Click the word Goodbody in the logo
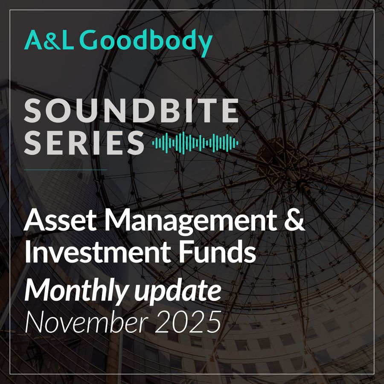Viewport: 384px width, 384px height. (146, 42)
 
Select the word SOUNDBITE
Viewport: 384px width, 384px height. (131, 110)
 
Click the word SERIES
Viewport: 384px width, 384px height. (84, 143)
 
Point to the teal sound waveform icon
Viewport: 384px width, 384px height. (195, 143)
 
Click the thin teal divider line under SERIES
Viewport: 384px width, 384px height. (65, 169)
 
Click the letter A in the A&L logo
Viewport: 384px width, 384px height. (33, 40)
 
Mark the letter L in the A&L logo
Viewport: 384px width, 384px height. (67, 40)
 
